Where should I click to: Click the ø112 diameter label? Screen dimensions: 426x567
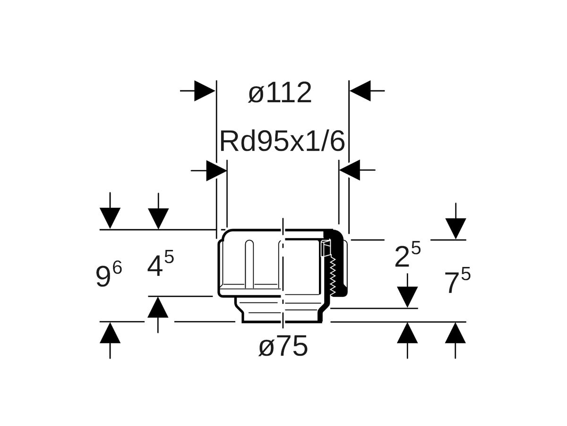click(x=280, y=93)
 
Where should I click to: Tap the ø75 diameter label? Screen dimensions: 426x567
click(x=283, y=346)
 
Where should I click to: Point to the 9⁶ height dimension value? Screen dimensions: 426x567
click(x=109, y=275)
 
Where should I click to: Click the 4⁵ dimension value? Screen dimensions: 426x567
click(x=160, y=266)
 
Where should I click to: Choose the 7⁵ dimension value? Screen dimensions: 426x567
click(x=457, y=283)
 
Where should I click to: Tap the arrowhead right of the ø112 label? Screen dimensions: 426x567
click(x=361, y=90)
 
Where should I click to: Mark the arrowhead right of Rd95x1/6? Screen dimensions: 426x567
click(x=350, y=170)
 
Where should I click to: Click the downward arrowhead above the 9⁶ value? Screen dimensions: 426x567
click(x=110, y=218)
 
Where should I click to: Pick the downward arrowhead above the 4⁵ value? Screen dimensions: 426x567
click(x=158, y=218)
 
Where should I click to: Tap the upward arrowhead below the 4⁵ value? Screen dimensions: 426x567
click(x=158, y=308)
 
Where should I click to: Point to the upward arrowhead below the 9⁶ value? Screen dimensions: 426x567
click(x=110, y=333)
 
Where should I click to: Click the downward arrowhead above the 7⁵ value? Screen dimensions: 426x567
click(x=455, y=228)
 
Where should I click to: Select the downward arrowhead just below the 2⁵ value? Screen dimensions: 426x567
click(x=407, y=297)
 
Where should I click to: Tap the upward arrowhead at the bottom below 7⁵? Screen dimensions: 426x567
click(x=455, y=333)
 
